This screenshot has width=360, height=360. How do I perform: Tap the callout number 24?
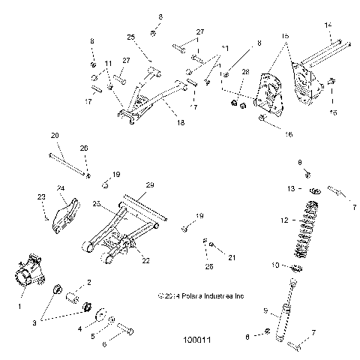[61, 188]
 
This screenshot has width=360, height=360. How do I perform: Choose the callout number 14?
[328, 25]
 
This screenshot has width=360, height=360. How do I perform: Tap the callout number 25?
[130, 37]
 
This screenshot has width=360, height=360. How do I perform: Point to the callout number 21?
[232, 257]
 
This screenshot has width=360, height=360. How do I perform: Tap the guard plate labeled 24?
[67, 211]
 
